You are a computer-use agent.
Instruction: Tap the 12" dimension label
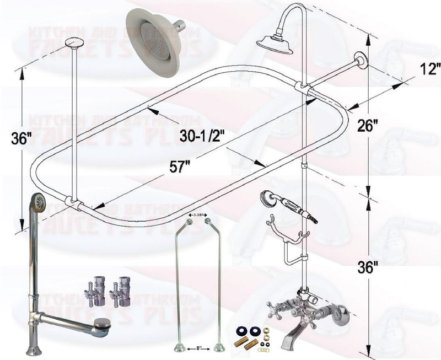click(x=427, y=71)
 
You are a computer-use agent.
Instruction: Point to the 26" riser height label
click(x=382, y=126)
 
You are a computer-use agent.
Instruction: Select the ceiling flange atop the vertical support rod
click(x=73, y=42)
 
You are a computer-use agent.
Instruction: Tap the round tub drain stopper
click(x=102, y=323)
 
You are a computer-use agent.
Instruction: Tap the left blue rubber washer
click(x=241, y=331)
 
